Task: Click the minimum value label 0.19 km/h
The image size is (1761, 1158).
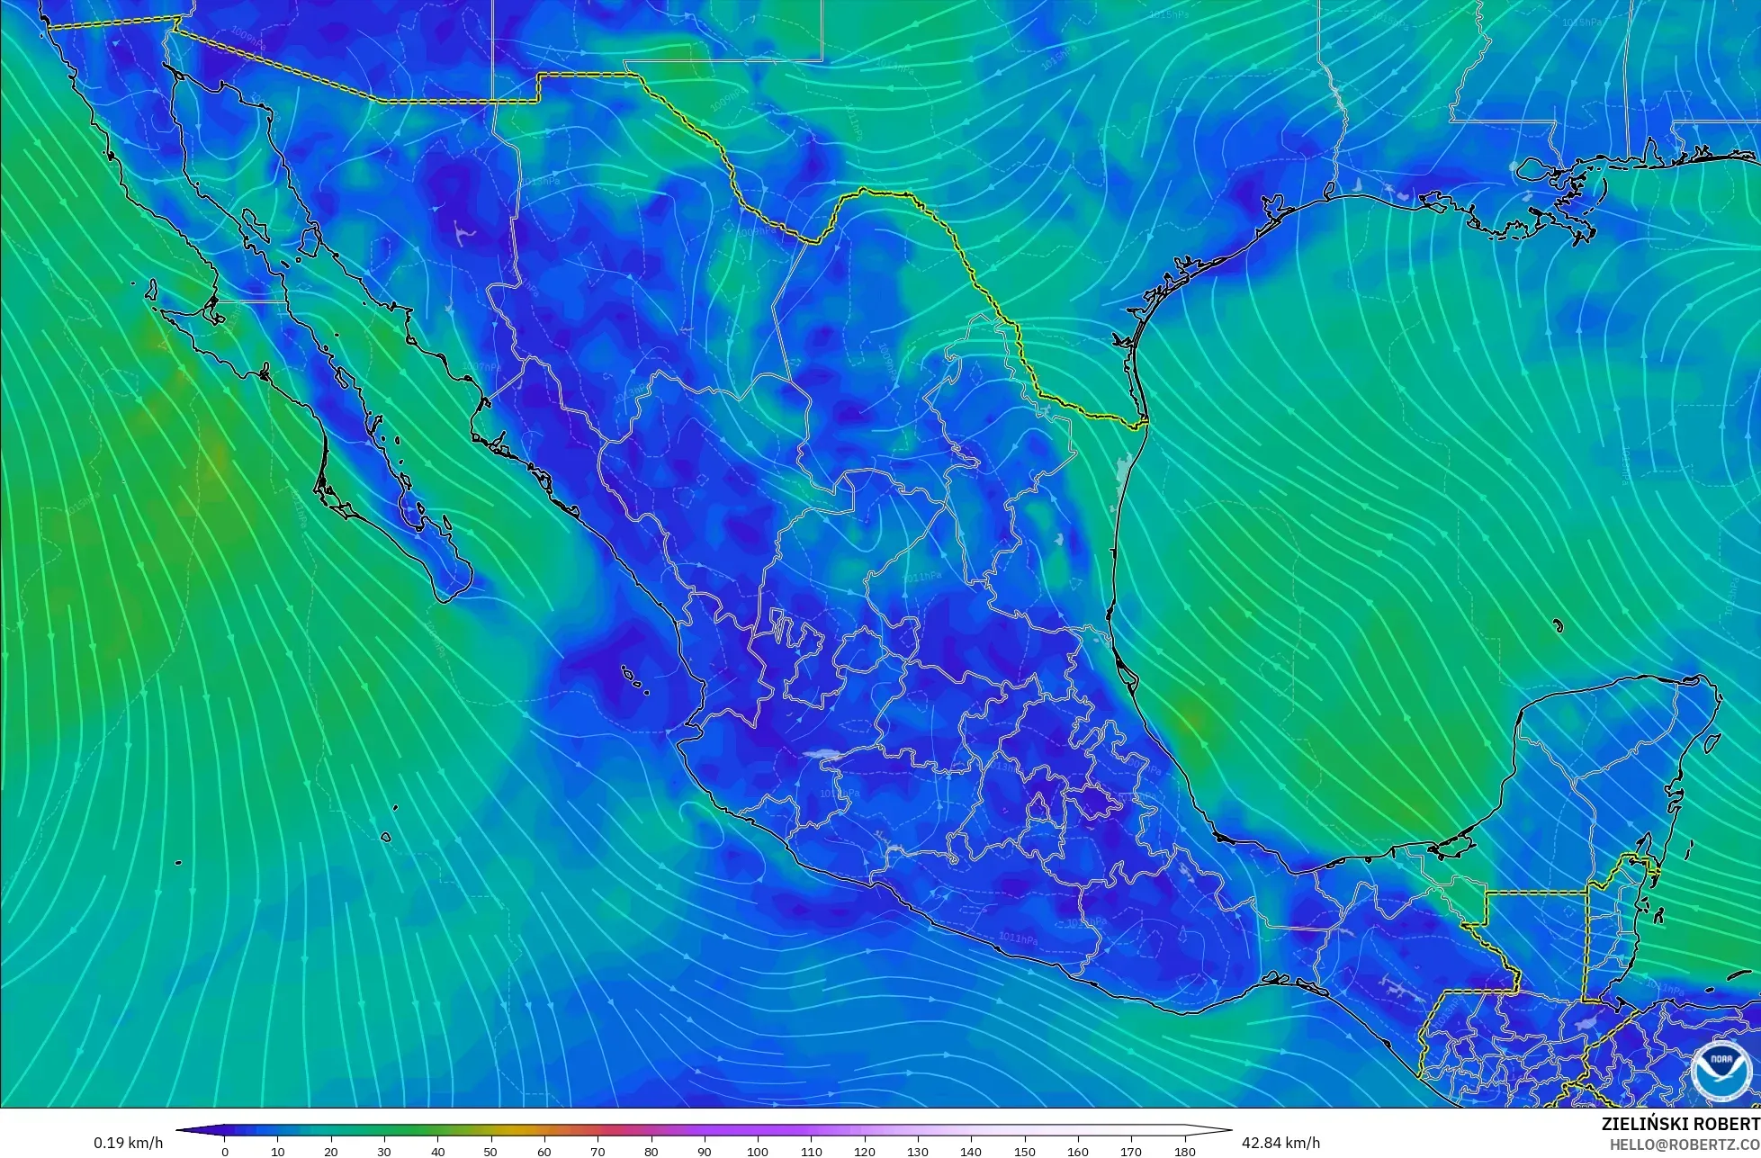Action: pyautogui.click(x=128, y=1143)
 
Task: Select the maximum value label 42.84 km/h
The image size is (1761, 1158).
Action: pyautogui.click(x=1281, y=1143)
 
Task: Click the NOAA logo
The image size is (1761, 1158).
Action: pyautogui.click(x=1721, y=1070)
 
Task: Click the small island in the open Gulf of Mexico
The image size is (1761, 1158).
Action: pyautogui.click(x=1558, y=625)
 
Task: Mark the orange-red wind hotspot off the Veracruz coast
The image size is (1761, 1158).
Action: pyautogui.click(x=1190, y=718)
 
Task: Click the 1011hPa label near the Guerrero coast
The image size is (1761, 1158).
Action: pyautogui.click(x=1017, y=938)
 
